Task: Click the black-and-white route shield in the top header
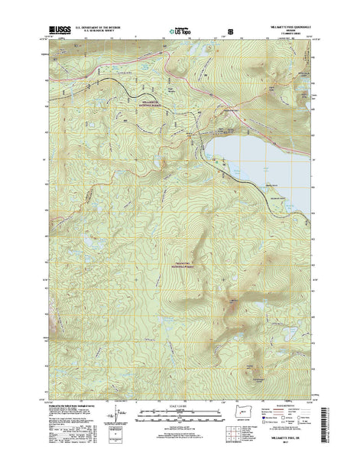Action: point(231,32)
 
